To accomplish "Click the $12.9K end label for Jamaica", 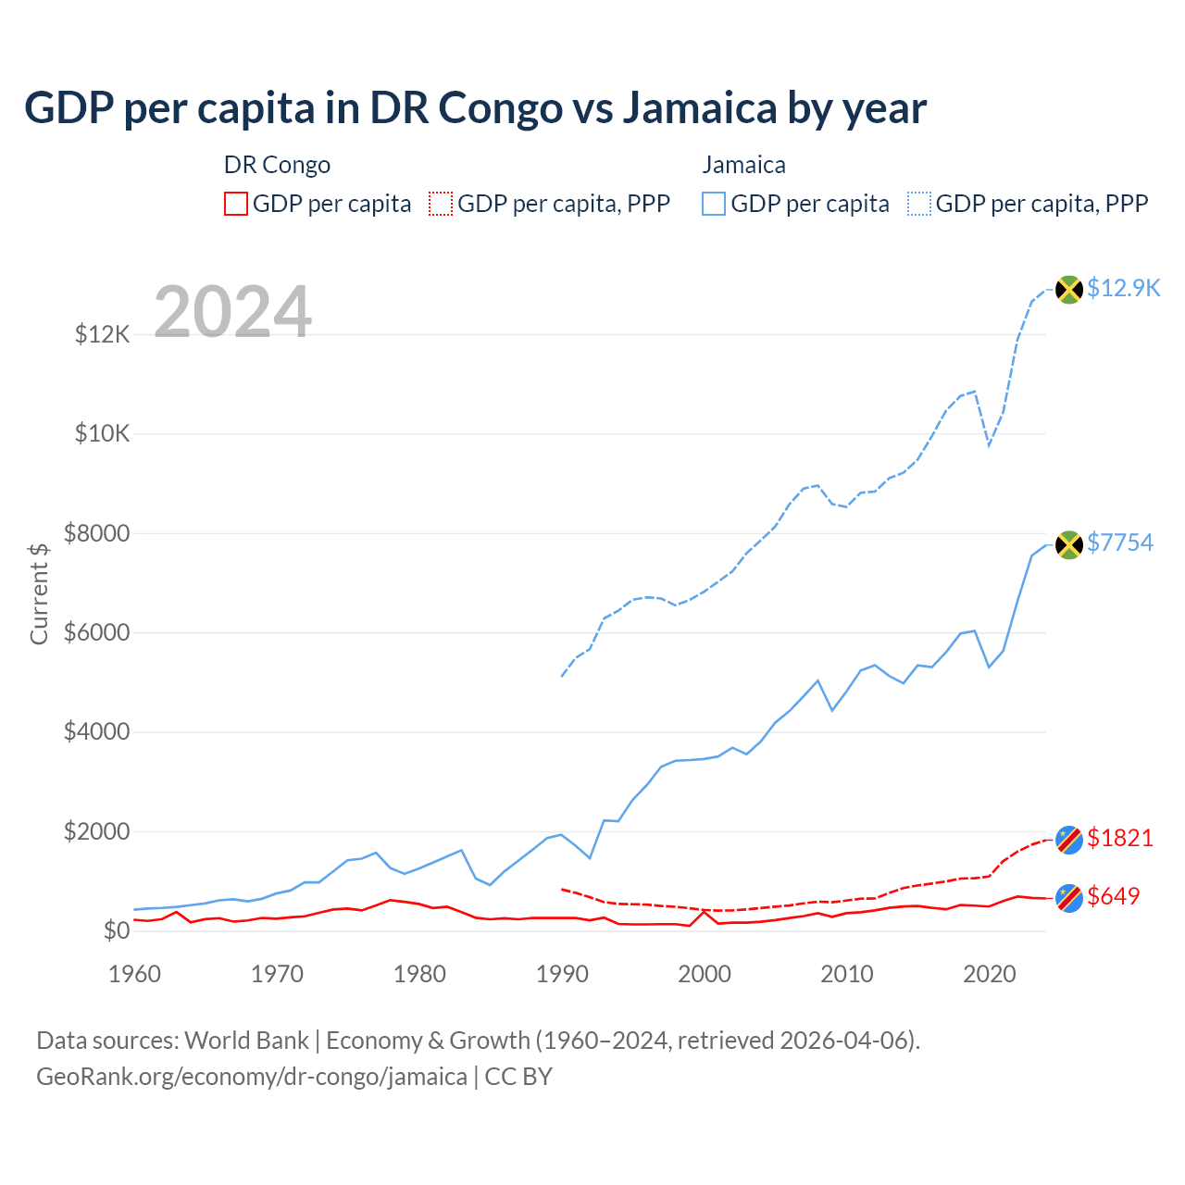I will click(x=1123, y=288).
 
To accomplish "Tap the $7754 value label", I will click(x=1120, y=543).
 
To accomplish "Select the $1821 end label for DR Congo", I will click(x=1120, y=838).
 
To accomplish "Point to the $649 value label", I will click(x=1114, y=896).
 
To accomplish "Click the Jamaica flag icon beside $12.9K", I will click(x=1069, y=290).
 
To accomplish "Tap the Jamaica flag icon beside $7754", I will click(x=1069, y=544).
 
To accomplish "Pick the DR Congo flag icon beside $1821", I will click(x=1069, y=840).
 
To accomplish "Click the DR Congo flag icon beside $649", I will click(x=1069, y=898).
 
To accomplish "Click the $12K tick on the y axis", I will click(x=103, y=334).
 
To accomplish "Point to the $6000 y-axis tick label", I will click(x=96, y=632).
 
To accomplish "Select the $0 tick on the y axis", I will click(x=117, y=930).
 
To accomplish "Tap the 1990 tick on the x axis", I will click(x=562, y=974).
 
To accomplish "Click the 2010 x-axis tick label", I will click(x=847, y=974).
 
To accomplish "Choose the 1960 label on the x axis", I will click(x=135, y=974).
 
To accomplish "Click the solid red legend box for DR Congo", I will click(x=236, y=204).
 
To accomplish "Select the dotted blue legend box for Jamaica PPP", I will click(x=919, y=204).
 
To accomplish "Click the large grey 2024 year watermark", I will click(x=232, y=312).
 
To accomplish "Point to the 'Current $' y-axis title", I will click(x=39, y=593).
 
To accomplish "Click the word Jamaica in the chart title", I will click(x=699, y=107).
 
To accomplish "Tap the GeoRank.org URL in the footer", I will click(x=252, y=1077).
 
